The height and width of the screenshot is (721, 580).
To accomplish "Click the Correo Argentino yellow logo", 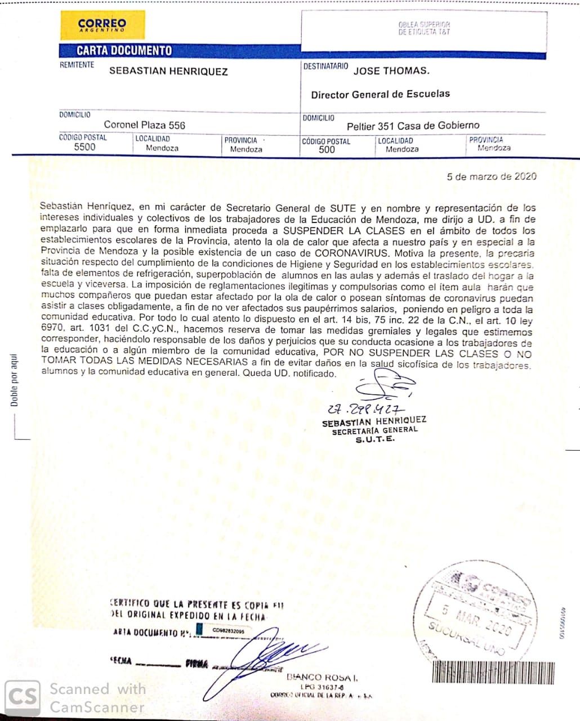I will click(102, 25).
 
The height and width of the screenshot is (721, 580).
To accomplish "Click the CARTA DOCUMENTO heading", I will click(124, 51).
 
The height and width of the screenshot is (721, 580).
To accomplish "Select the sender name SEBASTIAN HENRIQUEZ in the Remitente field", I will click(168, 72).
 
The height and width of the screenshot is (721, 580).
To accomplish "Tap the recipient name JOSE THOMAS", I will click(391, 71).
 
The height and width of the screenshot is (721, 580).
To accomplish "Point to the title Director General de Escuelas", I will click(380, 94).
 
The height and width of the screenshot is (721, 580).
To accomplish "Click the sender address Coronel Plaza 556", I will click(144, 125).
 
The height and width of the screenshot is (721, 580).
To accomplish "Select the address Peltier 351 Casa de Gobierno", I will click(413, 126).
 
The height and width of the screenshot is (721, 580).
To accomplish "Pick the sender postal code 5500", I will click(85, 147).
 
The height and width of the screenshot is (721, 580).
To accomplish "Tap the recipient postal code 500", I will click(327, 150).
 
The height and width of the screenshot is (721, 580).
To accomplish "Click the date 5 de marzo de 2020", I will click(491, 176).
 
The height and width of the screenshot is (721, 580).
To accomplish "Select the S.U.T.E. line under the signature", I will click(375, 439).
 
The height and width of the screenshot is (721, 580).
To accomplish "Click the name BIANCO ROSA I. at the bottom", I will click(322, 677).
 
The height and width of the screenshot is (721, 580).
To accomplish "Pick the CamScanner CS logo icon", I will click(23, 697).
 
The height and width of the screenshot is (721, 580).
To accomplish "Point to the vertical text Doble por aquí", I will click(14, 380).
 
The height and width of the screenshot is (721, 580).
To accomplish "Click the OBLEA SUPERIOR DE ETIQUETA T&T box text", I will click(424, 28).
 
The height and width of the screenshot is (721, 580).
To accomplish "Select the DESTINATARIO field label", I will click(325, 66).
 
